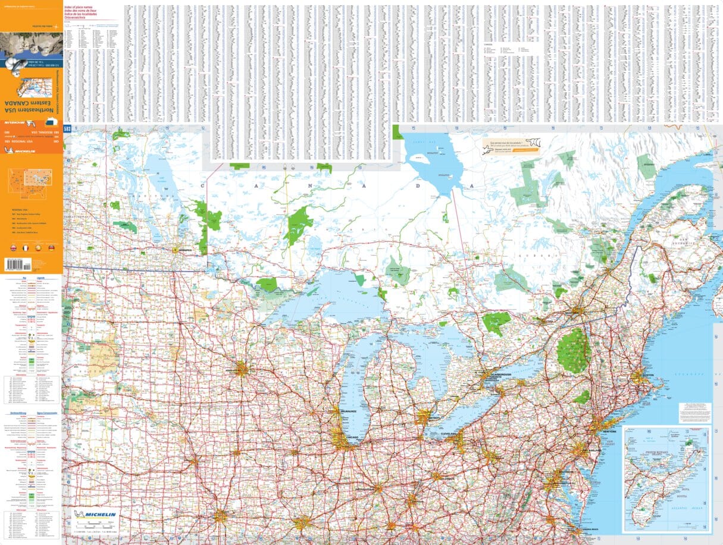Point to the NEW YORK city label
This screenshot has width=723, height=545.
608,431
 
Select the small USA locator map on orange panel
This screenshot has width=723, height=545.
30,180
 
